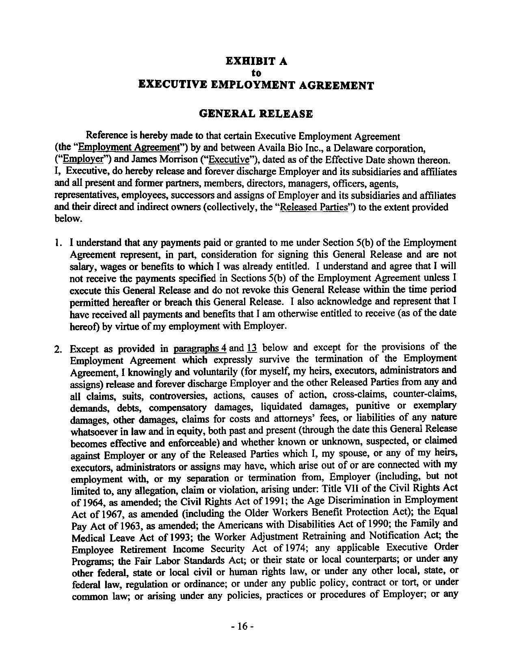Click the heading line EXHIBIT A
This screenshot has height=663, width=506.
(x=256, y=61)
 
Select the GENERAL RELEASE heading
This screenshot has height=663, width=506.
(x=256, y=114)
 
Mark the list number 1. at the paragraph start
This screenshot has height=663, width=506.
(x=58, y=243)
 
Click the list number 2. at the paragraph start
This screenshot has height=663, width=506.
(x=58, y=350)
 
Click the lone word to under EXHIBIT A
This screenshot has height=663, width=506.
(x=256, y=73)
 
